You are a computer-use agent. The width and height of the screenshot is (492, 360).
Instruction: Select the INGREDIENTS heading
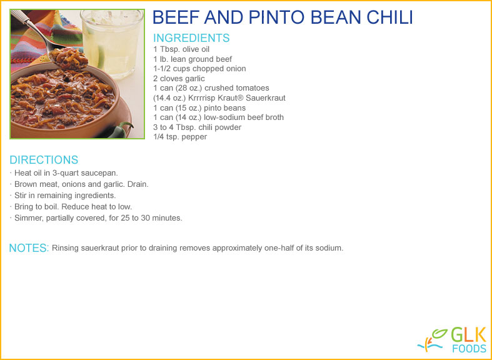[191, 38]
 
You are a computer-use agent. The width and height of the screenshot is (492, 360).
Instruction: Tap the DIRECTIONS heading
[44, 159]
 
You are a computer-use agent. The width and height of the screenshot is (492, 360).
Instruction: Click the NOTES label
[29, 248]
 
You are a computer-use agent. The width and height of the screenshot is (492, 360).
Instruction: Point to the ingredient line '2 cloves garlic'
[179, 78]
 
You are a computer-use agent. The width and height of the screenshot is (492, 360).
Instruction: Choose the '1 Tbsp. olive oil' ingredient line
[181, 49]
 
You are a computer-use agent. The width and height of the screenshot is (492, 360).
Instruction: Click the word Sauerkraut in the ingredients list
[266, 98]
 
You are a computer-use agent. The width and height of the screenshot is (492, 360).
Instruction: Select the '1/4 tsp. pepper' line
[180, 137]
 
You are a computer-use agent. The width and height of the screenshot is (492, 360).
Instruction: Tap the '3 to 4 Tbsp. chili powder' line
[198, 127]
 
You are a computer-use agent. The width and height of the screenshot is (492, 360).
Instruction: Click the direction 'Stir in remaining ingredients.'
[65, 196]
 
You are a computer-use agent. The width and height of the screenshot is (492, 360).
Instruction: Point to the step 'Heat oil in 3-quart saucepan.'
[66, 173]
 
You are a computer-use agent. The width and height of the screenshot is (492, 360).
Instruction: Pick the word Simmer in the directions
[28, 218]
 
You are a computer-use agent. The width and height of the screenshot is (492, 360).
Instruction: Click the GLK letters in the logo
[468, 334]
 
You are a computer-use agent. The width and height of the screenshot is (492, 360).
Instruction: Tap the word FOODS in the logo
[469, 348]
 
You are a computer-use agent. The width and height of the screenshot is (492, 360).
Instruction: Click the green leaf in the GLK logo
[439, 334]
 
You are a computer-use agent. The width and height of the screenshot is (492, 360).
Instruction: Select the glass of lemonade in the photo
[111, 43]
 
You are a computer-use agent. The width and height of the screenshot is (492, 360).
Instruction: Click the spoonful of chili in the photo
[68, 59]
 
